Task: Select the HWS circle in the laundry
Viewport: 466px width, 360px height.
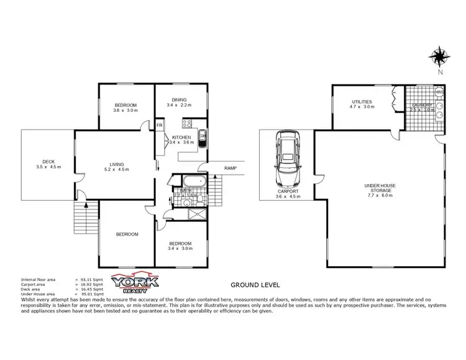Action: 439,92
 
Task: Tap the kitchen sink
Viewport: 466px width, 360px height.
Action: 201,137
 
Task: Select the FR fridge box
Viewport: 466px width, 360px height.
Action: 160,126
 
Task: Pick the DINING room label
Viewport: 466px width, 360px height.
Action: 180,99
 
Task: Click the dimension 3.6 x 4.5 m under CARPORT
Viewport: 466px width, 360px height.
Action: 288,197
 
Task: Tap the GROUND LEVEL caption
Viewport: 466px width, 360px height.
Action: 255,285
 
